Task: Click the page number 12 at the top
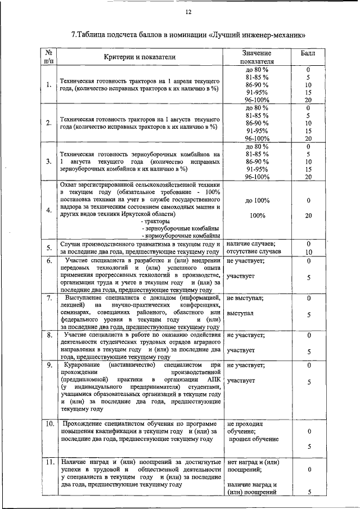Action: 188,12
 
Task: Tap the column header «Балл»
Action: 308,52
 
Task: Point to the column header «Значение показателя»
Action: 256,57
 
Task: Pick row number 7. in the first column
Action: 49,298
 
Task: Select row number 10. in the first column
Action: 49,423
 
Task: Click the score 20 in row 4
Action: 308,215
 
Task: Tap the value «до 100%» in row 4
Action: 257,200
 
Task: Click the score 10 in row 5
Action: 308,252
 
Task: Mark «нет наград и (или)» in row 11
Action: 253,461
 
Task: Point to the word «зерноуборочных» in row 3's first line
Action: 130,154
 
